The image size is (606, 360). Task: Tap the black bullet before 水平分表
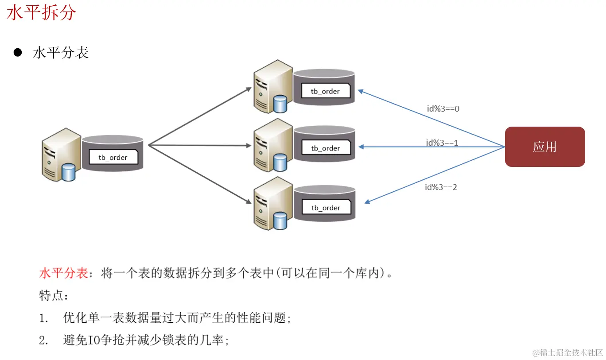18,53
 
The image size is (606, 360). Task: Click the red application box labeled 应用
544,147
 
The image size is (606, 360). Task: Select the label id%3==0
443,108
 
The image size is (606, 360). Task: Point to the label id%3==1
442,143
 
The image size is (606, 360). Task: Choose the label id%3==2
441,187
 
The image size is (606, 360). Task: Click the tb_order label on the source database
113,157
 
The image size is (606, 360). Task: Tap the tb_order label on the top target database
326,91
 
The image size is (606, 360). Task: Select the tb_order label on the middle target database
326,148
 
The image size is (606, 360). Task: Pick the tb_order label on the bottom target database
326,208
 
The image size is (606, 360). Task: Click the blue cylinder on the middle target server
280,163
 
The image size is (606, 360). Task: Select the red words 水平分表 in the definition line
64,273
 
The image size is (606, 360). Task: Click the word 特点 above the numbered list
51,295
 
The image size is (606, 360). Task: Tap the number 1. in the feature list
43,318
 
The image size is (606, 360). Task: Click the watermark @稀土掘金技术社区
568,352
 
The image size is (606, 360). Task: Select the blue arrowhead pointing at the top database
361,91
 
